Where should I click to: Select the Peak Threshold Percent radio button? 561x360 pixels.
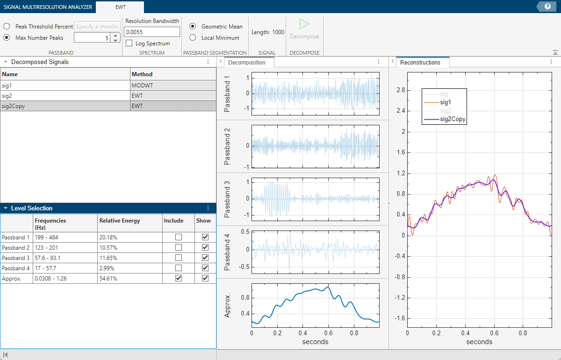click(7, 27)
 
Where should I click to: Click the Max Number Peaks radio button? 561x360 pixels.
click(7, 37)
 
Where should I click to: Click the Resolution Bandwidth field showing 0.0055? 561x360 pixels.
click(152, 32)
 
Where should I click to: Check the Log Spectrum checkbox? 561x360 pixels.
click(129, 43)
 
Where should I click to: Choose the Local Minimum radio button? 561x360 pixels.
click(192, 37)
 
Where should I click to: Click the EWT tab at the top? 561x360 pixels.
click(120, 7)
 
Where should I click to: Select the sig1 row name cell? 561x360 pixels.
click(65, 85)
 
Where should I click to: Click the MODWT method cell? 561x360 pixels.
click(173, 85)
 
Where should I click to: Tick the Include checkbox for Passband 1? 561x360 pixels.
click(178, 237)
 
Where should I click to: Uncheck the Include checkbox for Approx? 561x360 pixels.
click(178, 278)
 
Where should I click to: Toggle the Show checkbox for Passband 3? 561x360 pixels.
click(205, 258)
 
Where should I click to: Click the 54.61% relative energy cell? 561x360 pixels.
click(129, 278)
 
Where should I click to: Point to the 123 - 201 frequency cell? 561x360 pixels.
click(65, 247)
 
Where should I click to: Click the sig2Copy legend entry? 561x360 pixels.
click(453, 119)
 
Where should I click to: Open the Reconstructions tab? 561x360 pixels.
click(420, 62)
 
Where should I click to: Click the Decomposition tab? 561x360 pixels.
click(247, 63)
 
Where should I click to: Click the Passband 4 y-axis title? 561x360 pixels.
click(228, 252)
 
